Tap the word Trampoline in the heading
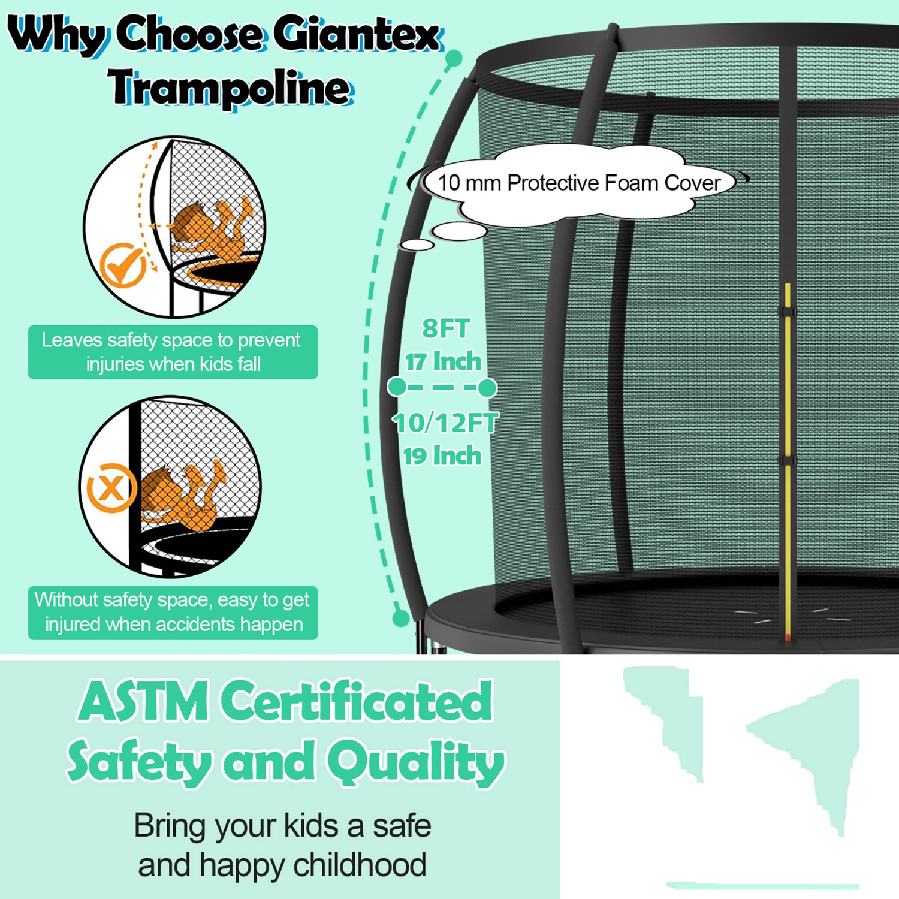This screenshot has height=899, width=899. point(230,88)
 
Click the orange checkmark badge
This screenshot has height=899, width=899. point(123,264)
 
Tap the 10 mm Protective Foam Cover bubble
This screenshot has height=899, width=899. point(578,183)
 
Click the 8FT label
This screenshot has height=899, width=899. point(446,328)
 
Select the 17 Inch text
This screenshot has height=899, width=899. point(443,361)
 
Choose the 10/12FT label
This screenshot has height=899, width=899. point(446,423)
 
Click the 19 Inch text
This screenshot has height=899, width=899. point(442,456)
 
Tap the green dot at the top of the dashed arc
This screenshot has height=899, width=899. point(454,58)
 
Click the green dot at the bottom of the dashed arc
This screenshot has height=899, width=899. point(400,617)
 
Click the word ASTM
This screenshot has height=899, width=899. point(144,702)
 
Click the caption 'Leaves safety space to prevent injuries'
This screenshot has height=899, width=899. point(173,352)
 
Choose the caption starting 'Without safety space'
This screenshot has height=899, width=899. point(173,612)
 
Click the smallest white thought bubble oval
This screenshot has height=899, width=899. point(417,245)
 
